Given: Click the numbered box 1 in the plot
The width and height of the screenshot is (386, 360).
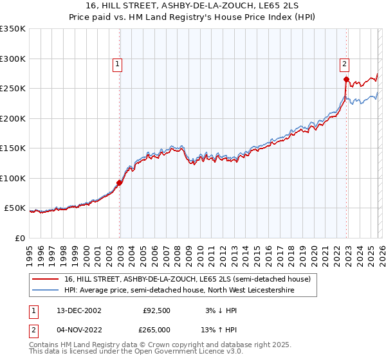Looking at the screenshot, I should [119, 64].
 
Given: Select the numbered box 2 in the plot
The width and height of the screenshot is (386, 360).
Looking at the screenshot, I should [345, 64].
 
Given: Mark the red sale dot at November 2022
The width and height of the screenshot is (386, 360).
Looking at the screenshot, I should [346, 80].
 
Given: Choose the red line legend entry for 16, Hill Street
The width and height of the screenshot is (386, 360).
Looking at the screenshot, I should [187, 279].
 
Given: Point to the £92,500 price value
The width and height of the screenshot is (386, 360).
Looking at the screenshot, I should [156, 310].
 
